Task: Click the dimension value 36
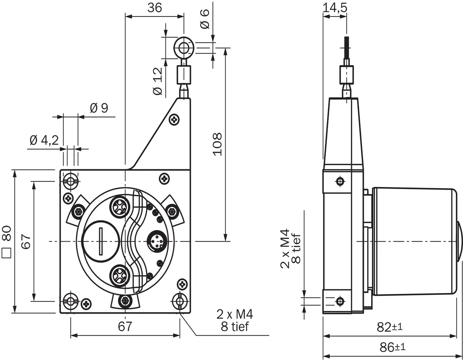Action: (154, 8)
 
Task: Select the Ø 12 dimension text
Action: (158, 82)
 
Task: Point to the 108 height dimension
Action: (217, 144)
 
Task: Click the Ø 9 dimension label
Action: (99, 108)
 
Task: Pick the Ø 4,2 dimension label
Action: (44, 140)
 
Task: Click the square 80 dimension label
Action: (7, 242)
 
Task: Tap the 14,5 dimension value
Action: (335, 8)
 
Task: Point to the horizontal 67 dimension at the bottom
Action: (125, 326)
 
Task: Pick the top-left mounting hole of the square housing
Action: (71, 180)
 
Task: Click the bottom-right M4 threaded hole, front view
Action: (180, 300)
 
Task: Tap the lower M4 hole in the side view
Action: (340, 300)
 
